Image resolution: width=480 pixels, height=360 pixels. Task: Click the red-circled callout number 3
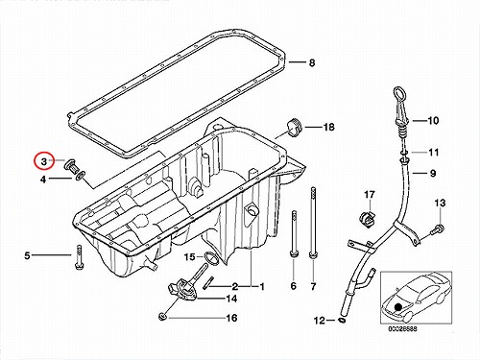tap(44, 162)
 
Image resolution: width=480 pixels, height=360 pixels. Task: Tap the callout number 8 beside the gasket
tap(312, 62)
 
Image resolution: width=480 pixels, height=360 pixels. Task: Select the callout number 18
tap(328, 127)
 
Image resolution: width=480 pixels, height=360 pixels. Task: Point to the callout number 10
tap(433, 121)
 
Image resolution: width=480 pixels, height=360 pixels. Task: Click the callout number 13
tap(440, 203)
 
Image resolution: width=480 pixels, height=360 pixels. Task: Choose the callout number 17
tap(370, 195)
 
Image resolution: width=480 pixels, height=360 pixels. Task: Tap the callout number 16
tap(231, 318)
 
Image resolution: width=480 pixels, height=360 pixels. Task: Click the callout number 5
tap(27, 255)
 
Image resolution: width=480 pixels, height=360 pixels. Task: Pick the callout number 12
tap(320, 321)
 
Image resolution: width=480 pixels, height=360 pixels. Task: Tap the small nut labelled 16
tap(162, 317)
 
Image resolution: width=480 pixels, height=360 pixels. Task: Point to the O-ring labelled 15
tap(211, 259)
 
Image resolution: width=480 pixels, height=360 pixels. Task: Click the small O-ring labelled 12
tap(342, 321)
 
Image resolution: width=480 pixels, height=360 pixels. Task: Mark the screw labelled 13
tap(438, 228)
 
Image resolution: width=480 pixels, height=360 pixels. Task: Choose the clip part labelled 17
tap(367, 220)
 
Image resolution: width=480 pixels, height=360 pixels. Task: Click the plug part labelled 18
tap(295, 127)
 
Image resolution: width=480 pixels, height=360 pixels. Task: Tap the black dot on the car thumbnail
tap(398, 307)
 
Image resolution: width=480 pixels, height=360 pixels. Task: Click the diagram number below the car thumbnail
tap(403, 328)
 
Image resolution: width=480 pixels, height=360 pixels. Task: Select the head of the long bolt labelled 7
tap(313, 255)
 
